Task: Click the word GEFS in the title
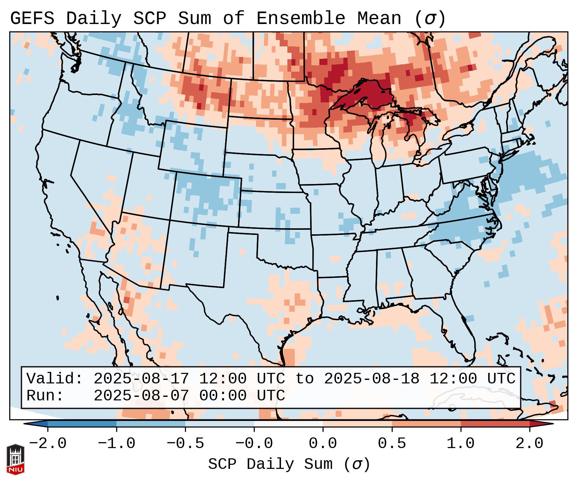tap(32, 19)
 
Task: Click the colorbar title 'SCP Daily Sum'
tap(270, 464)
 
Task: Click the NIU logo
tap(15, 459)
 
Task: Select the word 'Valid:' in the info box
tap(55, 379)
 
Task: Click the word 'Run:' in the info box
tap(45, 396)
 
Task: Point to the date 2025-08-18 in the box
tap(372, 379)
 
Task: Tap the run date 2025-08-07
tap(141, 396)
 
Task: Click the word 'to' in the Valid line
tap(304, 379)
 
